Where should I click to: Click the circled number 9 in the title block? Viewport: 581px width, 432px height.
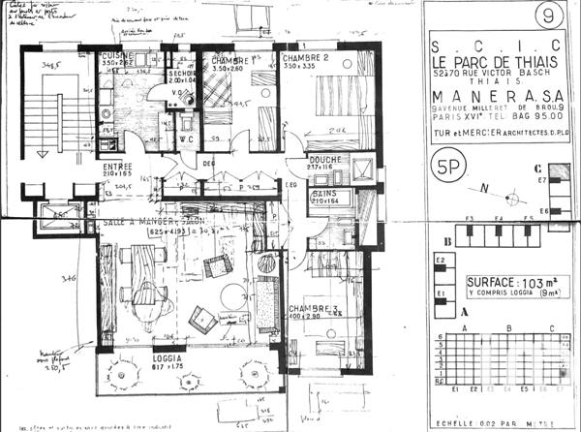click(551, 15)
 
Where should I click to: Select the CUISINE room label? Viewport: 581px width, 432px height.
click(119, 57)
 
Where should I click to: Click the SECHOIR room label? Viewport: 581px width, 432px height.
click(177, 72)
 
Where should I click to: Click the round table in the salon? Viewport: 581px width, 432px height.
click(232, 294)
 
